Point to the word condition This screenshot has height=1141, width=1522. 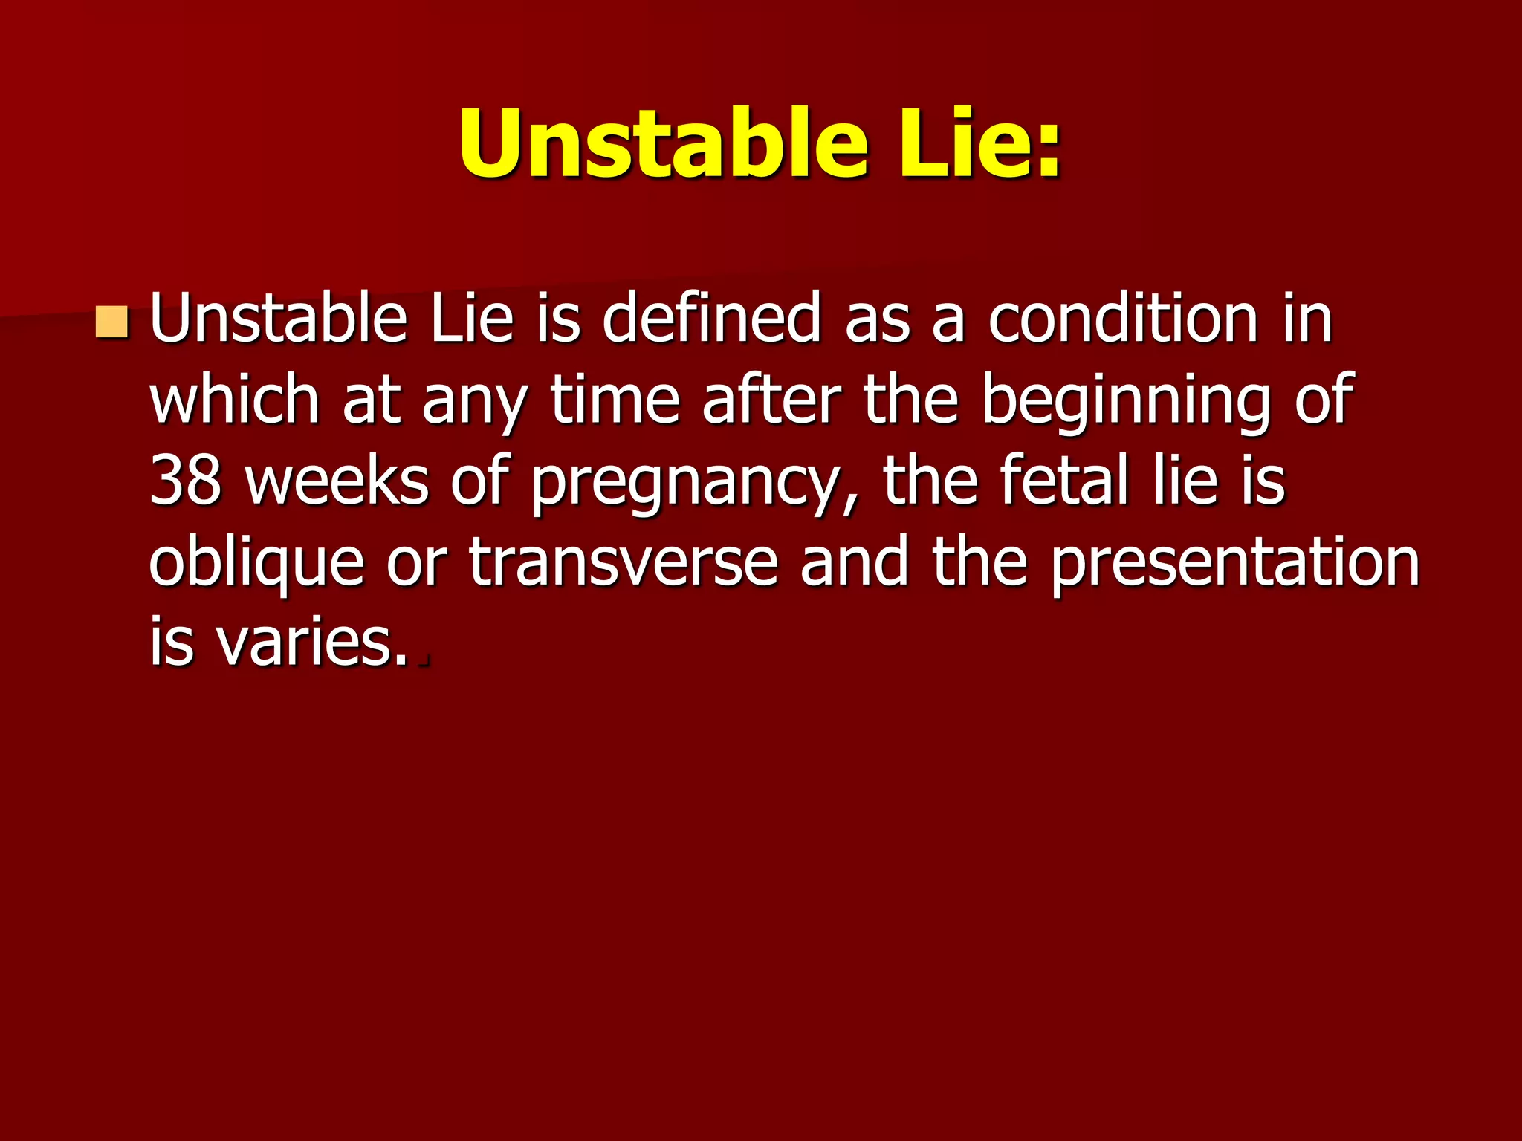(x=1123, y=319)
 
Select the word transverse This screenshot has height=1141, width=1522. (x=623, y=562)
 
